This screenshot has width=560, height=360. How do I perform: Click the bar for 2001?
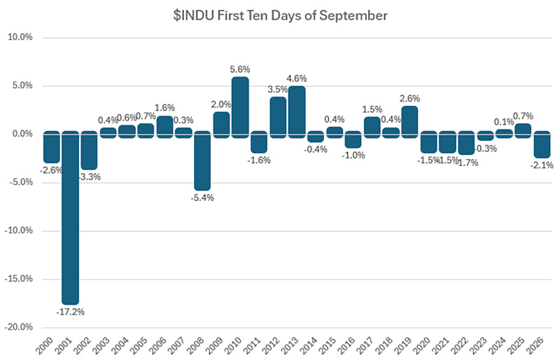(71, 218)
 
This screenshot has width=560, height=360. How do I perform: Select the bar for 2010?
(240, 107)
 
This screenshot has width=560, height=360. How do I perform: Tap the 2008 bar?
(202, 160)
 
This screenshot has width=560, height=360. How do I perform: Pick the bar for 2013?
(297, 112)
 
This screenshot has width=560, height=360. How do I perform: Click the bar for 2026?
(542, 144)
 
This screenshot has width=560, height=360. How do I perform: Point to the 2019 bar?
(409, 122)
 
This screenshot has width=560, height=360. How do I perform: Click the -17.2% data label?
(71, 312)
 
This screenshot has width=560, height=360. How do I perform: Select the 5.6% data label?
(240, 69)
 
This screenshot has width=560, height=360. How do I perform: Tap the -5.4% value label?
(202, 198)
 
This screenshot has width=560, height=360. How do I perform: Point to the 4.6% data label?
(297, 78)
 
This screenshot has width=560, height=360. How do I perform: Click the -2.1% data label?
(542, 165)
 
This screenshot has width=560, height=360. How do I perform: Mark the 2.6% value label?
(409, 98)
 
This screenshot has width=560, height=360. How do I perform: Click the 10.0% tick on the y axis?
(20, 37)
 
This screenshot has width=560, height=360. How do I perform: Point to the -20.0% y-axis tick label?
(19, 327)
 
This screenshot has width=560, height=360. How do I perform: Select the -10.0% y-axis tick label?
(19, 230)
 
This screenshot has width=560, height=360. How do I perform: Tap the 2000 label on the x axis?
(45, 346)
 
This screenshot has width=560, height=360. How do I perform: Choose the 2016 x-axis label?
(346, 346)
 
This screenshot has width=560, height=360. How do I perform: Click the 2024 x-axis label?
(498, 346)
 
